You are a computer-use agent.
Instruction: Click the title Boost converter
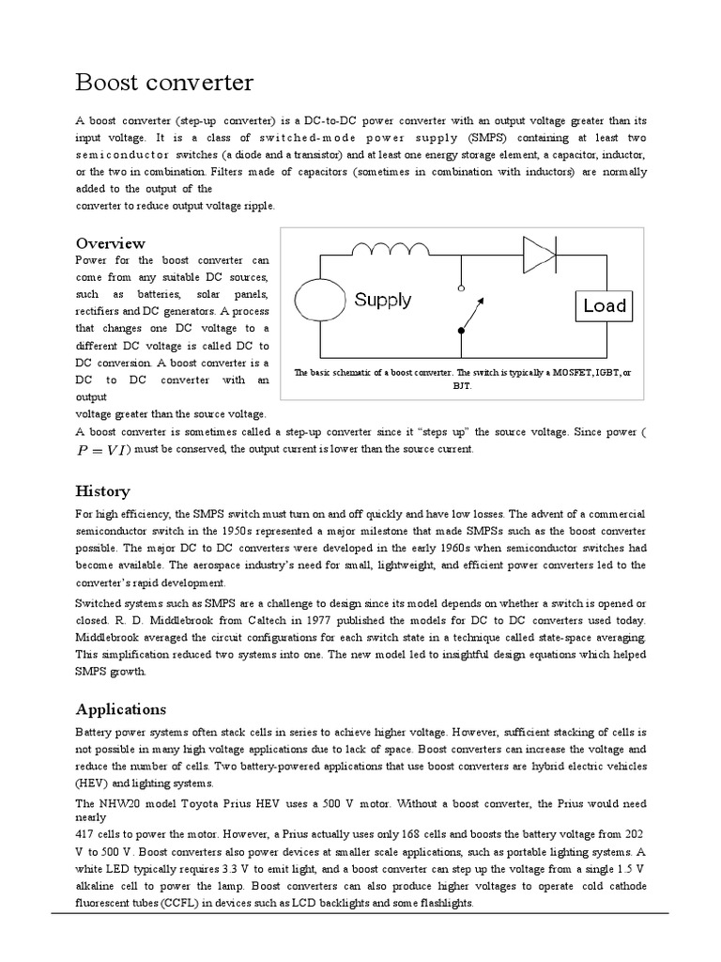pyautogui.click(x=164, y=83)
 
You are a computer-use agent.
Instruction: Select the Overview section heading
pyautogui.click(x=110, y=243)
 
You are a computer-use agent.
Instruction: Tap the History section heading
pyautogui.click(x=102, y=491)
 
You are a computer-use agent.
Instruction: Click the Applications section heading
pyautogui.click(x=120, y=708)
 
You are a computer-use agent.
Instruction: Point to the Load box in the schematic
pyautogui.click(x=604, y=305)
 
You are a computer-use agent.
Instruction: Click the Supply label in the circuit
pyautogui.click(x=382, y=300)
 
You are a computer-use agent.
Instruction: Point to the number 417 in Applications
pyautogui.click(x=86, y=833)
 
